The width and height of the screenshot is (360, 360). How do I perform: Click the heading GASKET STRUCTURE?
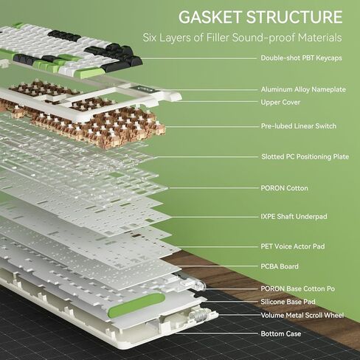pos(260,17)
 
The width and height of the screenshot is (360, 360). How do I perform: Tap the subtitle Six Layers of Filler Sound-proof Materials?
pos(242,38)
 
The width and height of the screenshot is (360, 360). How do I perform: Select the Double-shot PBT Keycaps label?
pos(301,58)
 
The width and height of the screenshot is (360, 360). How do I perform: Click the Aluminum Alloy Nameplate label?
pos(303,89)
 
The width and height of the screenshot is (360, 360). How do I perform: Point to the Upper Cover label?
pos(280,103)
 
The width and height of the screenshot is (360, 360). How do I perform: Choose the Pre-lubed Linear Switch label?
pos(299,126)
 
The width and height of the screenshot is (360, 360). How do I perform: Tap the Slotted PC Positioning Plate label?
pos(305,156)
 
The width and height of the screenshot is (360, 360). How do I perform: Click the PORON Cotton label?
pos(284,188)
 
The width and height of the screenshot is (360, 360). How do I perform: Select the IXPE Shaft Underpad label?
pos(294,217)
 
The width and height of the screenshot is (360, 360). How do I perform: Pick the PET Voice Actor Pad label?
pos(293,246)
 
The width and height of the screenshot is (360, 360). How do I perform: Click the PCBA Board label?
pos(280,266)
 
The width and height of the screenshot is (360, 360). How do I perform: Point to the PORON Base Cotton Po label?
pos(298,288)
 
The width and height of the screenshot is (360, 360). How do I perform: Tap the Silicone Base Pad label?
pos(288,302)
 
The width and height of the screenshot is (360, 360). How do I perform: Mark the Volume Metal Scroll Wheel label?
pos(302,315)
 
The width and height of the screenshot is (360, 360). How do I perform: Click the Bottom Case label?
pos(281,333)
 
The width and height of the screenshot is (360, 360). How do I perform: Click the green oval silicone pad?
pos(136,305)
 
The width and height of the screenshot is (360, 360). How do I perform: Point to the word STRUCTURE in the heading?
pos(294,17)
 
